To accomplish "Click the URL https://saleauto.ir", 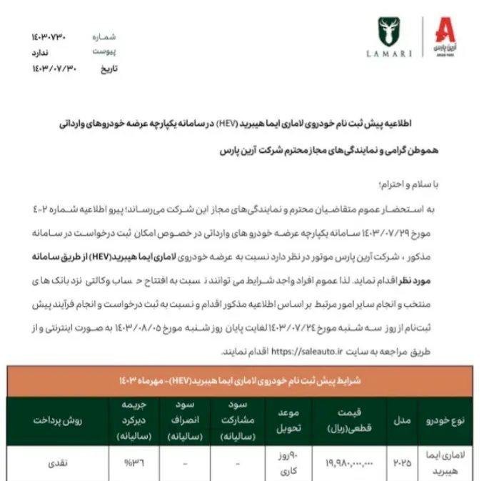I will coord(307,352).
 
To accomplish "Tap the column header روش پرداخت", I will coord(54,420).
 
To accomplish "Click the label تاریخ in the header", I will coord(106,69).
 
